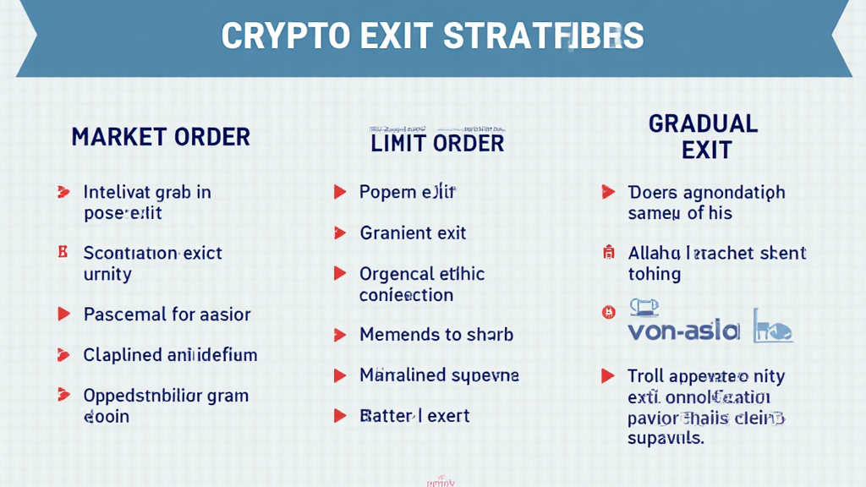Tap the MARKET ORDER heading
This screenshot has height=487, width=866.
pos(161,137)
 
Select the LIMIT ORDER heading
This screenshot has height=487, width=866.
pos(437,143)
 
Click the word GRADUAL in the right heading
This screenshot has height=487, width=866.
pos(704,124)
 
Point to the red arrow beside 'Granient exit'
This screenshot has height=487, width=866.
pos(340,233)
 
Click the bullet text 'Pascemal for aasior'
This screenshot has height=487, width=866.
pos(167,315)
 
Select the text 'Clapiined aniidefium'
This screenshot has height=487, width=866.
pos(170,355)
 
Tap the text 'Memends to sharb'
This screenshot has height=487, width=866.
pos(436,335)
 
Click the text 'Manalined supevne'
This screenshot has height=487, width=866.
pos(439,375)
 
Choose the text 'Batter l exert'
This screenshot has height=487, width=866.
pos(414,416)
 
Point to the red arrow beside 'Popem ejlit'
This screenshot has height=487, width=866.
pos(340,192)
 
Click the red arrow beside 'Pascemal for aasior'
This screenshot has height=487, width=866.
pos(63,315)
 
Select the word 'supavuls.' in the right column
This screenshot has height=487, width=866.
pos(666,438)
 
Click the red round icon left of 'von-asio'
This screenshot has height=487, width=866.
pos(607,313)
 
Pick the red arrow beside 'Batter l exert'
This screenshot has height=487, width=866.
pos(340,416)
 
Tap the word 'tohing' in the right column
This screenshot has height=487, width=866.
pos(654,274)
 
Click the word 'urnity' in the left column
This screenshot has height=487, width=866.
pos(107,274)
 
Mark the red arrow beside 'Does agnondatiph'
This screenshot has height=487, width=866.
pos(606,193)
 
